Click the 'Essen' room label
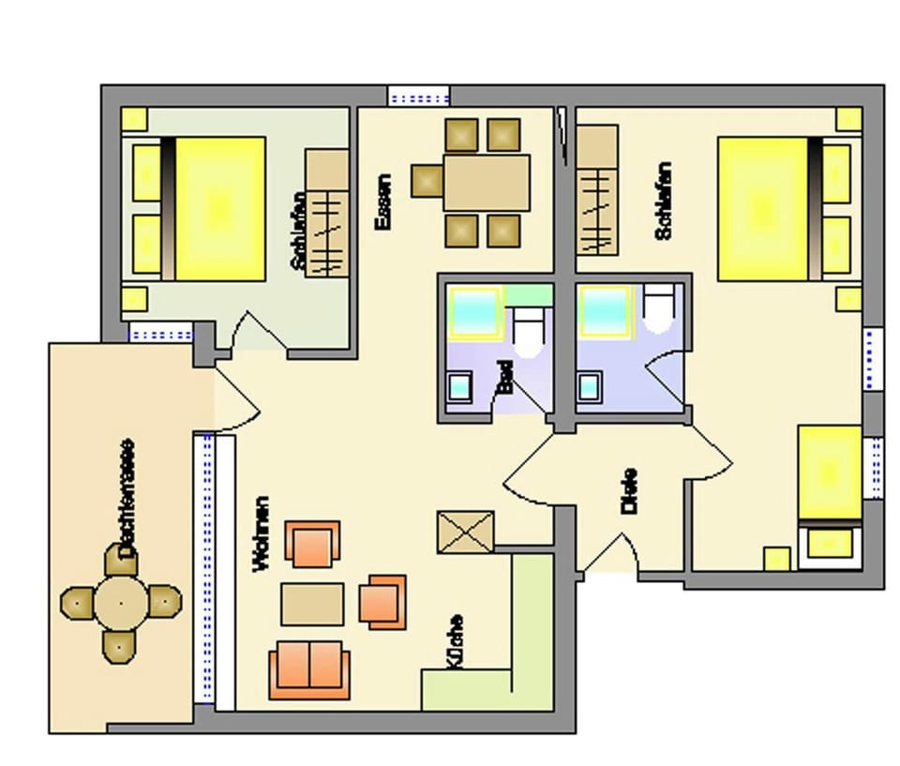click(382, 203)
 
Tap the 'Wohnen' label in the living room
click(261, 534)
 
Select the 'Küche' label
click(455, 641)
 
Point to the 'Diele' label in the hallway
click(629, 490)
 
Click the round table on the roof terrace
click(121, 600)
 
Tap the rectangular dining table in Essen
click(487, 183)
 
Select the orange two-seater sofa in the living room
click(308, 669)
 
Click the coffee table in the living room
click(312, 605)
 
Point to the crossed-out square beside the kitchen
click(466, 532)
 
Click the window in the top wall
click(418, 96)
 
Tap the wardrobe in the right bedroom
click(596, 190)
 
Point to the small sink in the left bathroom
click(460, 385)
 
